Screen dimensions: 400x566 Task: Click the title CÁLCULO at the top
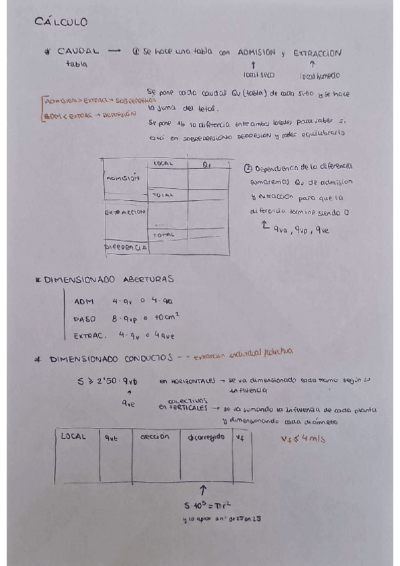(x=60, y=22)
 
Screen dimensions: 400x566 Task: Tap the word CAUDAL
(x=79, y=51)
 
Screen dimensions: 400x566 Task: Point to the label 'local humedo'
(x=316, y=75)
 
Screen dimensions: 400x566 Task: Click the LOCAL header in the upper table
(x=164, y=163)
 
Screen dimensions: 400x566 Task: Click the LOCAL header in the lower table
(x=74, y=436)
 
